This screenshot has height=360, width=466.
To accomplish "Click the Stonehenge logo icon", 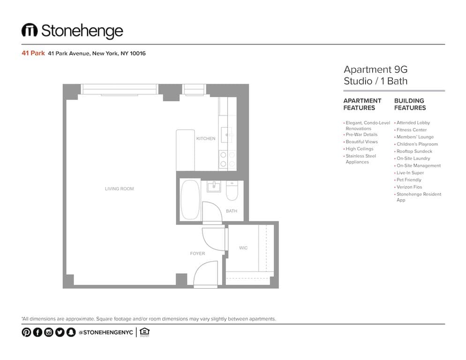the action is coord(30,30).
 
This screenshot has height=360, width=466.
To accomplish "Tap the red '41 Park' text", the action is coord(33,53).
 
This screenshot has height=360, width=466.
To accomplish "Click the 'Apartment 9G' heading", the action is coord(376,69).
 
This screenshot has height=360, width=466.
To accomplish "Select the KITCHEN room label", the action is coord(206,139).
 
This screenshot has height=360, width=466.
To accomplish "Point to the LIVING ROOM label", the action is coord(119,189).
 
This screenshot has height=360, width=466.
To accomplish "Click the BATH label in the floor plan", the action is coord(232,211).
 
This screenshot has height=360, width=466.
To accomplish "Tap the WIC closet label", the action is coord(243,248).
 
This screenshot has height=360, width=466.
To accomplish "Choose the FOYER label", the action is coord(197,254).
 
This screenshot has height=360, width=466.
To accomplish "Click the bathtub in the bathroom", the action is coord(190,200).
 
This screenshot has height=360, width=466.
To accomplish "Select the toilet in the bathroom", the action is coord(232,191).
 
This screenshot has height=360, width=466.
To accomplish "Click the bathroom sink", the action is coord(214,187).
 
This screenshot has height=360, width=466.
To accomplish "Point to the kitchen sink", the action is coord(227,135).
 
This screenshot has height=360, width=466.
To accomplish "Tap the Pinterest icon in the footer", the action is coord(26,332).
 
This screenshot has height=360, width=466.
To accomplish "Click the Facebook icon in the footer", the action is coord(38,332).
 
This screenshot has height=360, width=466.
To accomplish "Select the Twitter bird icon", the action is coord(60,332).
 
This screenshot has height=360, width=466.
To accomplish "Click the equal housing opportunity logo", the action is coord(144,332).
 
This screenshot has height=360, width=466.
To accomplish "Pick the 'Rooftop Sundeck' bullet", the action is coord(414,151).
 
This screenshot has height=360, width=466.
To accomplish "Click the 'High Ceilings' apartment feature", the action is coord(359,149).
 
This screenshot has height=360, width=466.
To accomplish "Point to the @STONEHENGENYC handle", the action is coord(106,332).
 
